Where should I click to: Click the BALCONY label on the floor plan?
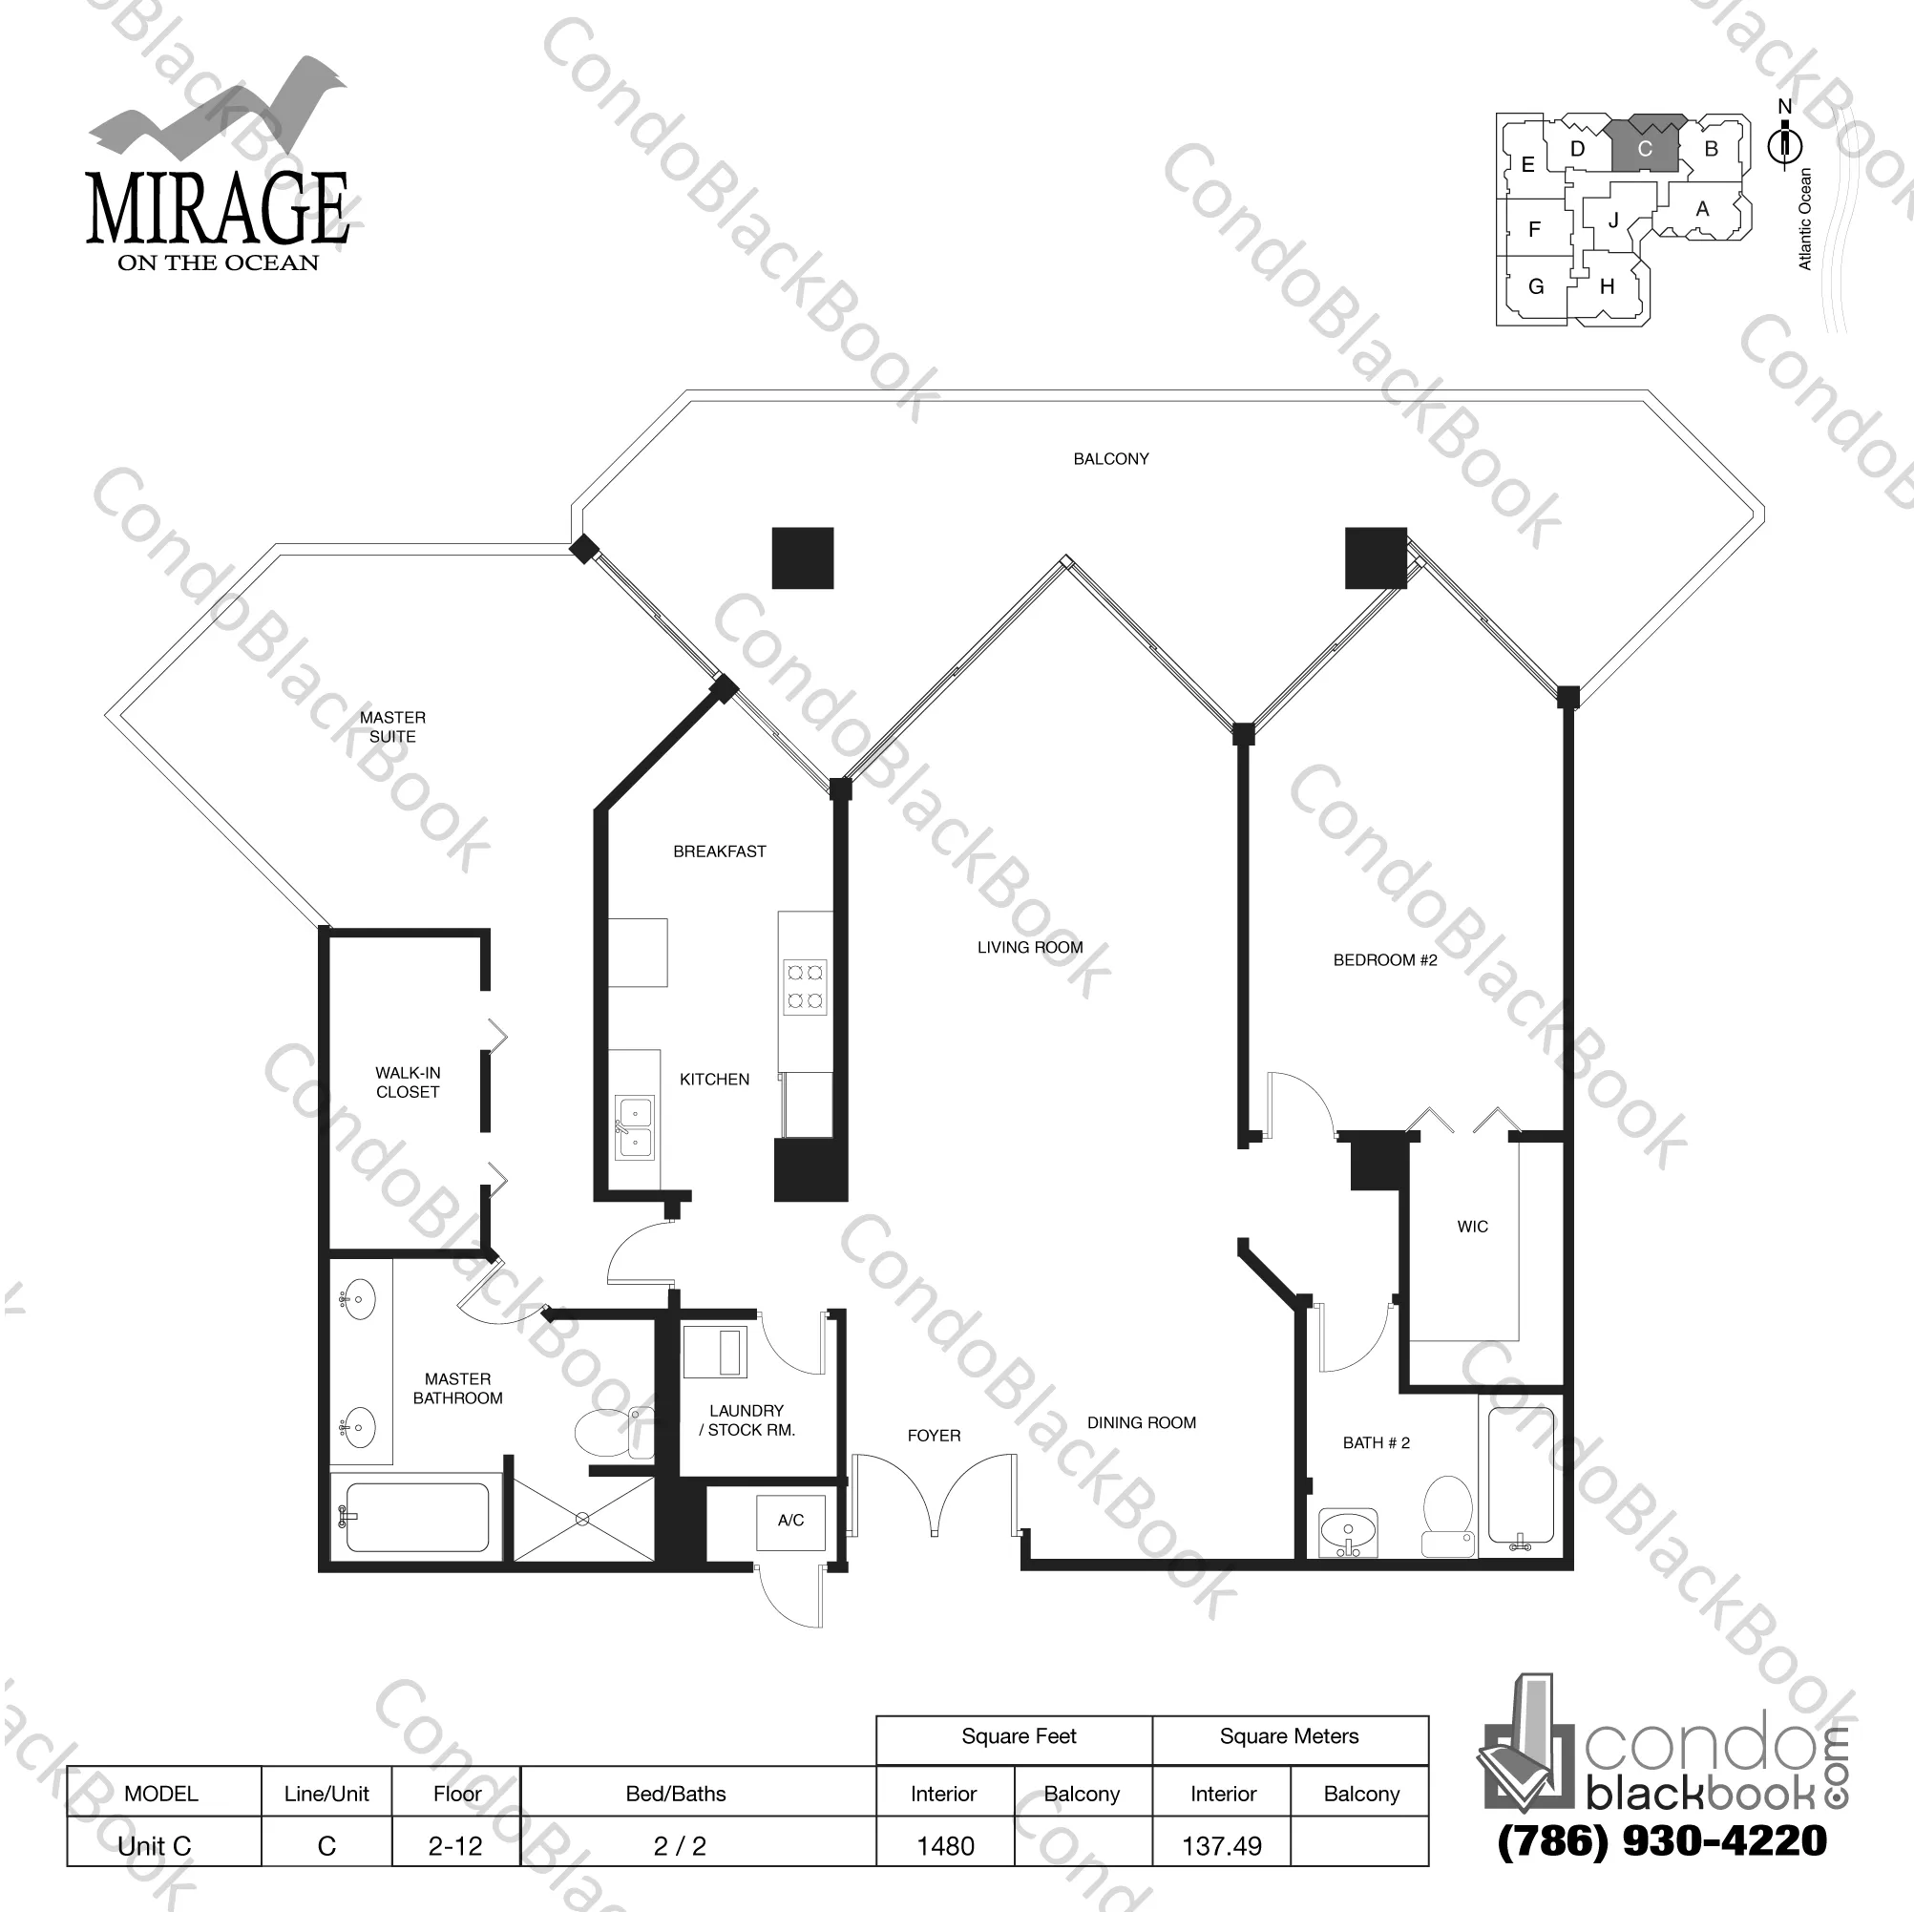click(1110, 459)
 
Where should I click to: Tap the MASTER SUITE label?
click(392, 726)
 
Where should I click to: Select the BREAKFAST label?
click(719, 851)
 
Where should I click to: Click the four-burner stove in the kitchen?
click(805, 986)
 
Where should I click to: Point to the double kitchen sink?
click(634, 1126)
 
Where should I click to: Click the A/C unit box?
click(789, 1520)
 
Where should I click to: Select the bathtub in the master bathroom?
click(416, 1517)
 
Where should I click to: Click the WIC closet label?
click(1472, 1227)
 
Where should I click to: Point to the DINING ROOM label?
click(1142, 1422)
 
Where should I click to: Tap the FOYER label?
click(934, 1436)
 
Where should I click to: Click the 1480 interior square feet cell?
click(945, 1845)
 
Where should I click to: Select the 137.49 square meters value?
click(1222, 1845)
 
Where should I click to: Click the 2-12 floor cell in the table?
click(455, 1845)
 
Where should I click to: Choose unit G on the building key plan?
click(1536, 286)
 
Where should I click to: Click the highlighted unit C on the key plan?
click(1645, 149)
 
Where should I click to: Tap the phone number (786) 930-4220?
click(1661, 1840)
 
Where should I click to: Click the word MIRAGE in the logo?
click(218, 209)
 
